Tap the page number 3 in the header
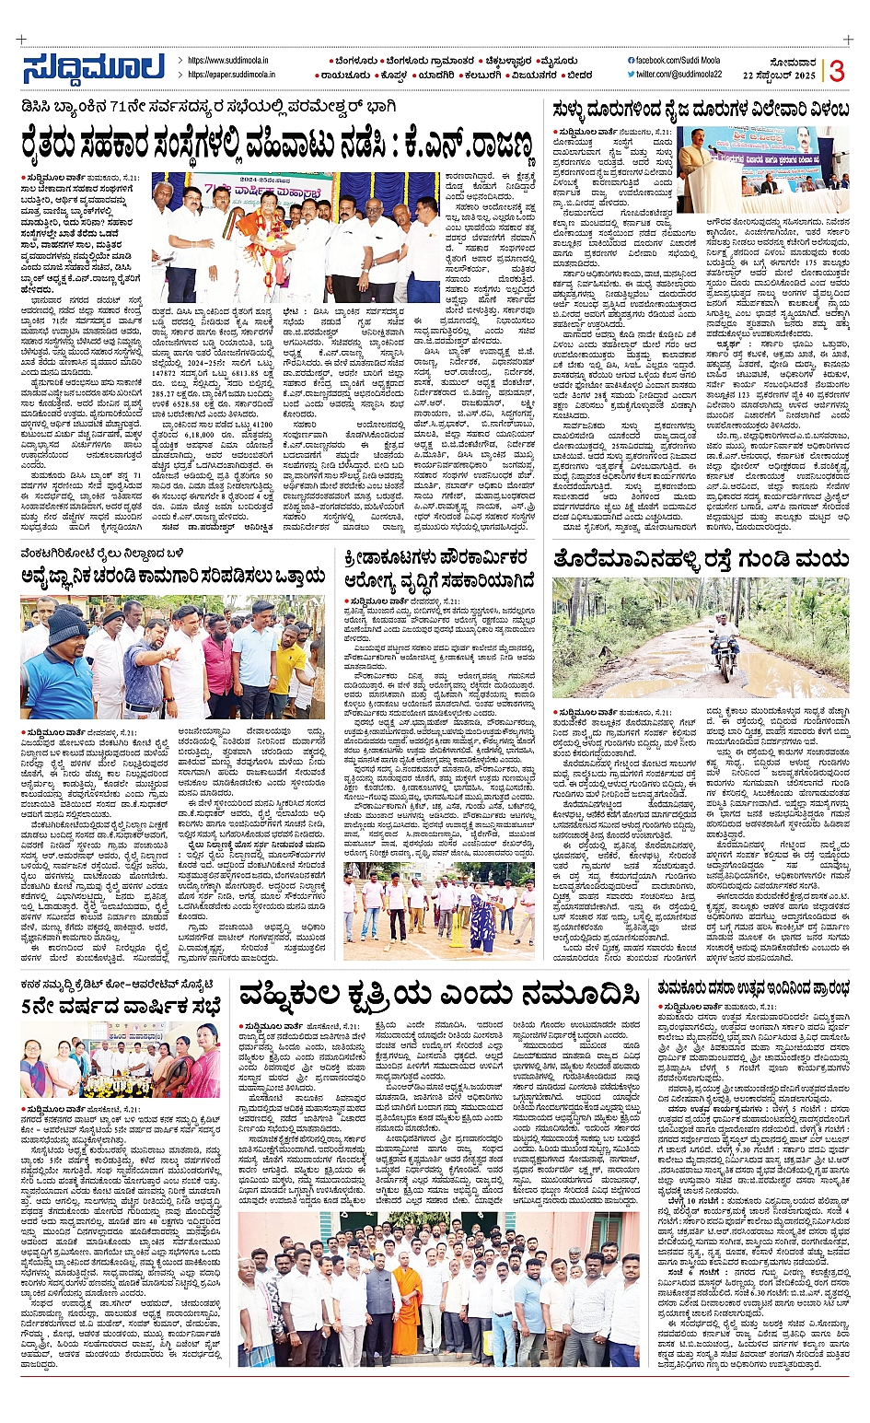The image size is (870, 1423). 837,71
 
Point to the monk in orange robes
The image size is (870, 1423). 406,1308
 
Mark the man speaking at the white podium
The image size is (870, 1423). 695,166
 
